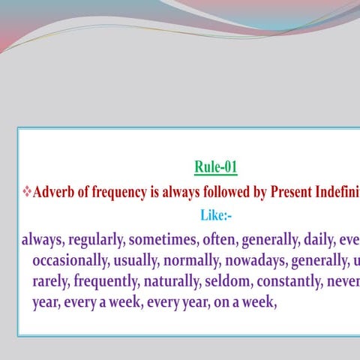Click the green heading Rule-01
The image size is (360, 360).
[216, 166]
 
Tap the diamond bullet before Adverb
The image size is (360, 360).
[27, 192]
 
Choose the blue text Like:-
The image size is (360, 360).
[216, 216]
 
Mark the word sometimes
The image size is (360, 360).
[160, 241]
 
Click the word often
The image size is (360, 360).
[216, 241]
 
